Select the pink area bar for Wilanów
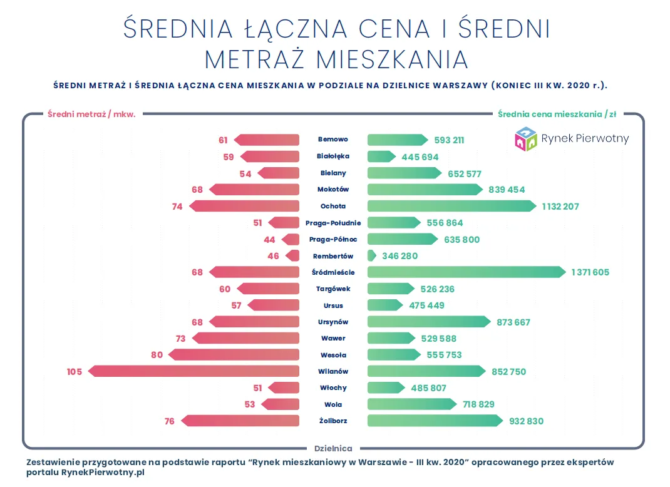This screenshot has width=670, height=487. [x=194, y=371]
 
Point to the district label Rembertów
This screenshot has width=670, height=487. [x=332, y=256]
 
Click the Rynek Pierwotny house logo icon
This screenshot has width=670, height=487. [x=525, y=139]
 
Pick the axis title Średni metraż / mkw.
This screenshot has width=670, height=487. [x=91, y=114]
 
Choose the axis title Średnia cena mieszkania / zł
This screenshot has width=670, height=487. [x=557, y=114]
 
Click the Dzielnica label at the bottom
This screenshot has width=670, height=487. [x=332, y=448]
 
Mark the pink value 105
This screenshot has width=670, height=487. [x=75, y=371]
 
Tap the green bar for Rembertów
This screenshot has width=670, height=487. [x=371, y=255]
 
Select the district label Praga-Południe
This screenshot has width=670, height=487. [x=332, y=223]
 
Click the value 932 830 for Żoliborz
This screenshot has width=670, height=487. [x=526, y=421]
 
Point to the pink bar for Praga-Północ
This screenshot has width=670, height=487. [x=291, y=239]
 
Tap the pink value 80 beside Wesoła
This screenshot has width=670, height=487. [x=157, y=355]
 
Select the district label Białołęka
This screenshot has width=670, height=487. [x=332, y=156]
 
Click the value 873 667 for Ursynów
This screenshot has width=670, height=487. [x=513, y=322]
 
